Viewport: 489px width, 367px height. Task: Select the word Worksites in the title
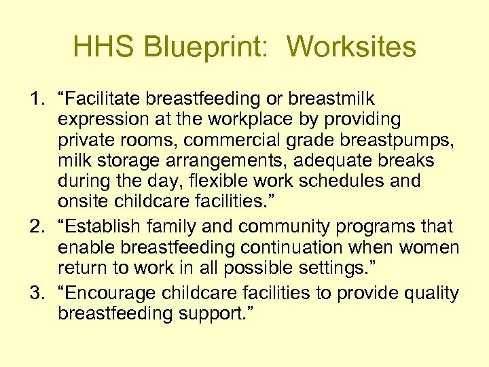351,48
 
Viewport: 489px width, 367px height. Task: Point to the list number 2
36,226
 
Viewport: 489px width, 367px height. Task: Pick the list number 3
36,293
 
